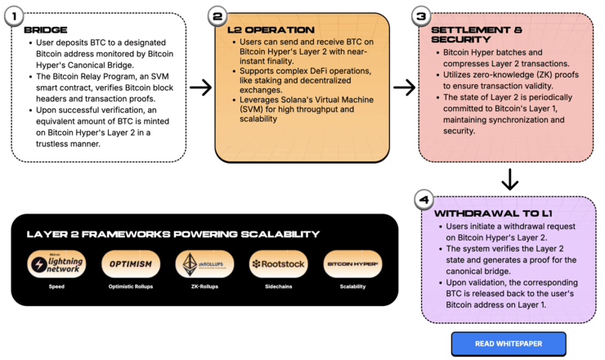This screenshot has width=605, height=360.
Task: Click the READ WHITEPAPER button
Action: click(x=508, y=344)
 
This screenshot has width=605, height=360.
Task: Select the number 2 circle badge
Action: click(x=217, y=16)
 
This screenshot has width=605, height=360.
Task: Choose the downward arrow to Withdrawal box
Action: click(x=509, y=178)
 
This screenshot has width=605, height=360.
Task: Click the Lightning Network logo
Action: click(x=56, y=264)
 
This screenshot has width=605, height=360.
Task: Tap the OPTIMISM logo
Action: click(x=131, y=264)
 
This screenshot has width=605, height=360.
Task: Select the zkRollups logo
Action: click(x=204, y=264)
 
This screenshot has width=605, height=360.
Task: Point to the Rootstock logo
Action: click(x=278, y=264)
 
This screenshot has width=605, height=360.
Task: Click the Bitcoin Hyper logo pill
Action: click(x=353, y=264)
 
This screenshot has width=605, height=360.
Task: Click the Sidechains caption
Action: click(x=278, y=287)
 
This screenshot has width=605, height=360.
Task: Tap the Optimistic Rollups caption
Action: click(x=131, y=287)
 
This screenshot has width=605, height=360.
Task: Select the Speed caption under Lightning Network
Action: click(x=56, y=287)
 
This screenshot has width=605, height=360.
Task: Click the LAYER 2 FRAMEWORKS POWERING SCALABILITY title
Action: click(x=173, y=234)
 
